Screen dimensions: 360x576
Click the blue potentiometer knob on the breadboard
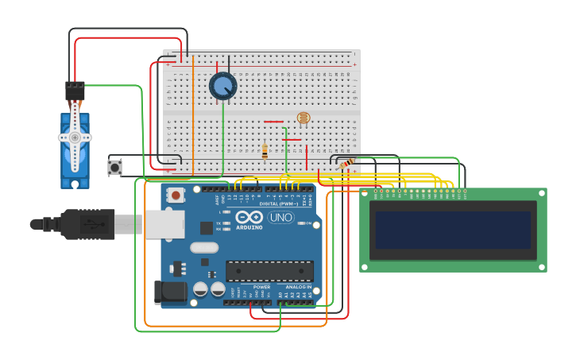(x=222, y=86)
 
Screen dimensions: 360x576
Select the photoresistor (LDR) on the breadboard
(x=303, y=118)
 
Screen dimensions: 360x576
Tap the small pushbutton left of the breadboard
(x=115, y=168)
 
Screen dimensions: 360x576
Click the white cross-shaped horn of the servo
(x=75, y=137)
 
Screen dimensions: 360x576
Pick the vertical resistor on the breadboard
(x=265, y=150)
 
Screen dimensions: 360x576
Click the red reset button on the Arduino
(x=174, y=195)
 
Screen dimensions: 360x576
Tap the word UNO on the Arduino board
(x=280, y=218)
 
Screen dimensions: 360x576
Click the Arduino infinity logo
(x=249, y=218)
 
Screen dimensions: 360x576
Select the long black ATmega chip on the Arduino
(x=269, y=271)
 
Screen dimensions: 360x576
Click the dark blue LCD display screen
(x=453, y=230)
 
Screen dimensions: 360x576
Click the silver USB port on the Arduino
(x=164, y=224)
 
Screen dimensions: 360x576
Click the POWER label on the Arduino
(x=261, y=287)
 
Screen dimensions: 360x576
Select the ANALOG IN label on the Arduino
(x=299, y=287)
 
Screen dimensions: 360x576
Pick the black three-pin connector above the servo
(x=75, y=91)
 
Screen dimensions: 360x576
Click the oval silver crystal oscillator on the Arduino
(x=204, y=247)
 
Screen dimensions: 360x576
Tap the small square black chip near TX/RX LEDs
(x=207, y=228)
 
